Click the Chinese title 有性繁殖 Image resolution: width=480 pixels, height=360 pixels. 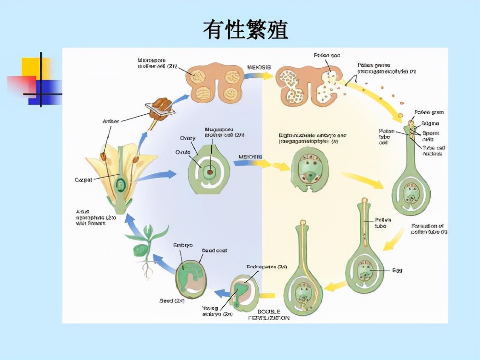click(245, 30)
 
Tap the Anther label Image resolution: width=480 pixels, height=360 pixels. click(110, 121)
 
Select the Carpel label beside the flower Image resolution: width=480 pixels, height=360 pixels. click(83, 180)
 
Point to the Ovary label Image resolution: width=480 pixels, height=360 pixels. click(187, 138)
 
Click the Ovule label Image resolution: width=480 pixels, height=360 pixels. click(182, 152)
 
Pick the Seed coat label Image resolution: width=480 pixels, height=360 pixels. click(214, 251)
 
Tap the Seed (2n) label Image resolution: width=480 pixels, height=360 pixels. click(169, 301)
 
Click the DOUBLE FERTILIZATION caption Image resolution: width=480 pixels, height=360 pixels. click(269, 314)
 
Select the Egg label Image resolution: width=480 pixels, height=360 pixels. click(397, 270)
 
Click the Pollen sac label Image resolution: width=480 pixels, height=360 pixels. click(327, 56)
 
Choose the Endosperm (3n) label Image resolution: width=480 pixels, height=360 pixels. click(266, 267)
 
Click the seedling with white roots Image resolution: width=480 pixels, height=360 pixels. click(145, 250)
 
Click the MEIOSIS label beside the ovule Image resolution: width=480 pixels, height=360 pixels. click(250, 157)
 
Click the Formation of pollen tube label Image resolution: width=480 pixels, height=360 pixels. click(429, 228)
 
